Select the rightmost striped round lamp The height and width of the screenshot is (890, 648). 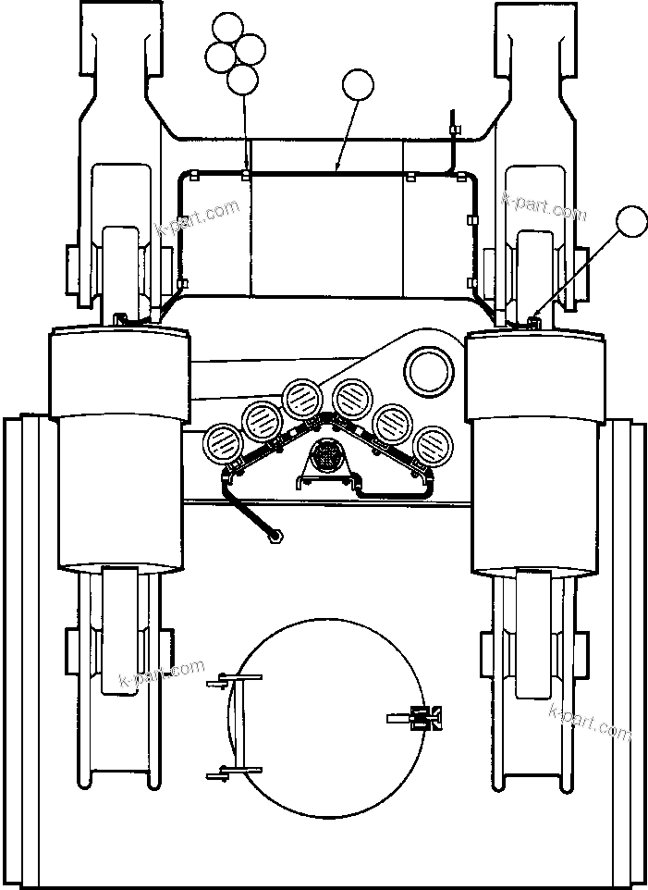431,442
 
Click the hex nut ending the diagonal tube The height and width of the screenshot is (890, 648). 275,535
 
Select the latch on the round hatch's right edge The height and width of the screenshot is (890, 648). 426,717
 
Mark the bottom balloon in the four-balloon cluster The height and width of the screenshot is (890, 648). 242,80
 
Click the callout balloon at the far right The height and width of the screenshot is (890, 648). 632,222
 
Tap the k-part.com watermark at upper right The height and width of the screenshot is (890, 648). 544,205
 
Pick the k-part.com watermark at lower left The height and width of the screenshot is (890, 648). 162,675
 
